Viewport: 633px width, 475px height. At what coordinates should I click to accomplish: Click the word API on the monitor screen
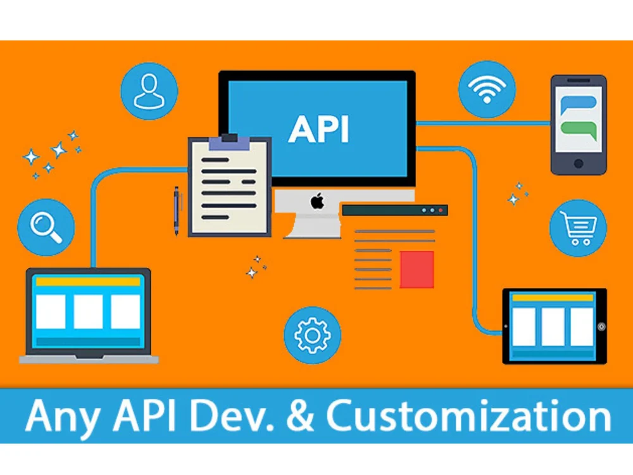click(x=318, y=129)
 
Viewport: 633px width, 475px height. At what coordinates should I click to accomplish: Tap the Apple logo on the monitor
click(x=317, y=203)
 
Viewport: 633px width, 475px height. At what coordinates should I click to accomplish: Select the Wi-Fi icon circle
click(x=486, y=89)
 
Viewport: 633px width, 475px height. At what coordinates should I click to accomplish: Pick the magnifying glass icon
click(x=46, y=227)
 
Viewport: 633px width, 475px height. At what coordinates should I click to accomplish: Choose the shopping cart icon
click(x=577, y=228)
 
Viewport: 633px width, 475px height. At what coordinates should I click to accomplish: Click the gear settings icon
click(x=312, y=335)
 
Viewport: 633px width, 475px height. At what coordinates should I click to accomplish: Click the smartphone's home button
click(x=578, y=163)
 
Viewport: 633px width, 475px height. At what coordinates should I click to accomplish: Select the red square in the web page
click(x=417, y=269)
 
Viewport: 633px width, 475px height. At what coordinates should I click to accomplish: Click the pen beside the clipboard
click(x=177, y=209)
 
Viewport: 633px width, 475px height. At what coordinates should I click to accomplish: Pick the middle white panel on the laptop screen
click(x=88, y=311)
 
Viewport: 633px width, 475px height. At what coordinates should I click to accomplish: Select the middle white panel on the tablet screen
click(x=553, y=327)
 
